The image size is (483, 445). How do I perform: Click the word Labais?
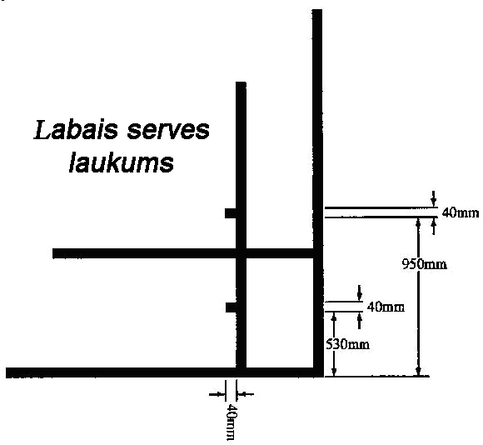click(76, 130)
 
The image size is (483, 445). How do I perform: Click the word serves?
click(168, 131)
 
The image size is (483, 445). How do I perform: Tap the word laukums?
click(122, 162)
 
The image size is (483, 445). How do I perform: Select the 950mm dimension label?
click(425, 264)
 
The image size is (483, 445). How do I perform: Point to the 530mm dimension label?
click(347, 344)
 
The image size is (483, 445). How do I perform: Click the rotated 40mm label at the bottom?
click(232, 422)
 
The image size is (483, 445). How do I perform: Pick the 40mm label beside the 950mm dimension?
click(461, 213)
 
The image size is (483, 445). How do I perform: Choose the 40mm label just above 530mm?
click(386, 307)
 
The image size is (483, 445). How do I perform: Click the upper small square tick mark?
click(231, 213)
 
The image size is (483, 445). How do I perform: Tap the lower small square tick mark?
click(231, 307)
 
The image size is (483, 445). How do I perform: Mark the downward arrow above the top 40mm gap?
click(434, 199)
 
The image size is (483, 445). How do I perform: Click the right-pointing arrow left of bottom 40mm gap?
click(217, 394)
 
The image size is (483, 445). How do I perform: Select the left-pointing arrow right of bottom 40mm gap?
click(246, 394)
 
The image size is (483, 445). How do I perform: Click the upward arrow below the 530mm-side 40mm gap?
click(359, 321)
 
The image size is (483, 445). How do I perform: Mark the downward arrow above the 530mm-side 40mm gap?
click(359, 292)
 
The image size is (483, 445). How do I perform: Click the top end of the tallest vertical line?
click(317, 10)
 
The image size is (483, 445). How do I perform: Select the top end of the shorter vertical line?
click(241, 82)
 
